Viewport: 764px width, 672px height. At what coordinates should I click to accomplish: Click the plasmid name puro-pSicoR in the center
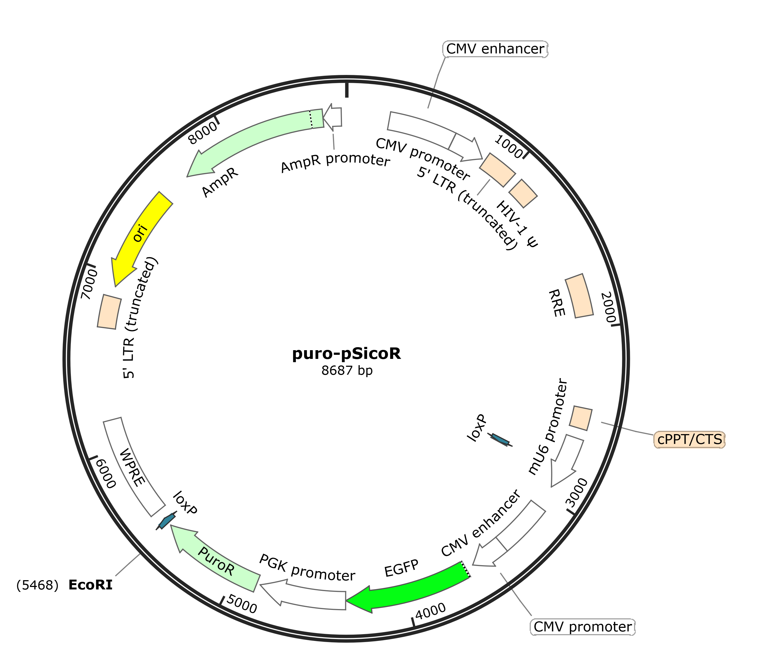coord(347,353)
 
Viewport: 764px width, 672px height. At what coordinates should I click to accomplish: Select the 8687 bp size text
coord(347,370)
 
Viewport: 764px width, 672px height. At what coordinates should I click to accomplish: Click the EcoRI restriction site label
coord(90,585)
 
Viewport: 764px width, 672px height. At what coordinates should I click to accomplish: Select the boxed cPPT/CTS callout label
coord(690,439)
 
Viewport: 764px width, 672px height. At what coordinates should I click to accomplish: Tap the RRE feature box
coord(579,296)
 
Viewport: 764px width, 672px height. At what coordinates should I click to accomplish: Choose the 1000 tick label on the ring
coord(508,147)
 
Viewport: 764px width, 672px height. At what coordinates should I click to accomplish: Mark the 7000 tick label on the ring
coord(90,284)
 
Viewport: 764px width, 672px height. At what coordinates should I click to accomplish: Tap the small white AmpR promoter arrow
coord(333,117)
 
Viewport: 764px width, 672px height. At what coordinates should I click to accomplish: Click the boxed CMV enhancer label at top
coord(495,49)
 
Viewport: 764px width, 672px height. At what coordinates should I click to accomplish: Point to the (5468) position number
coord(37,585)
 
